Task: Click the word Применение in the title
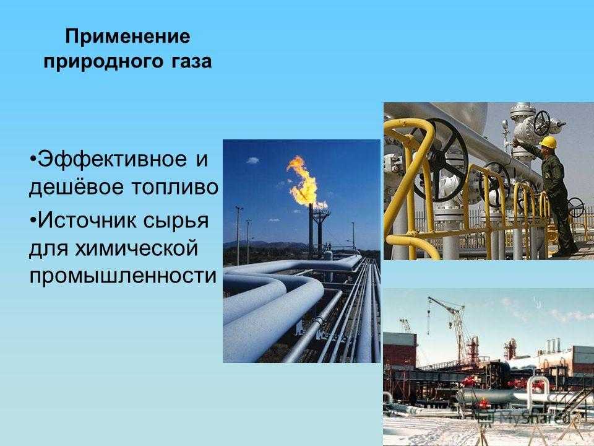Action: point(127,37)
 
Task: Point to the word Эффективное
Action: point(112,159)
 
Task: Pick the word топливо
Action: point(174,187)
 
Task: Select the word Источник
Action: point(81,220)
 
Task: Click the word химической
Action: point(137,249)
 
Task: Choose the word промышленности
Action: point(123,276)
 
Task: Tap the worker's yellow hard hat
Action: point(548,142)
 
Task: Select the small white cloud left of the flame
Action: point(252,160)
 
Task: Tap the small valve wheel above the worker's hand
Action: point(541,123)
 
